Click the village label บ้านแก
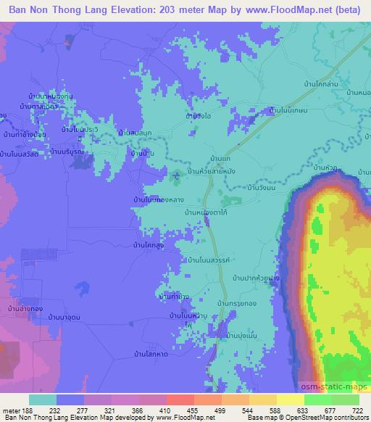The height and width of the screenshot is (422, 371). (219, 157)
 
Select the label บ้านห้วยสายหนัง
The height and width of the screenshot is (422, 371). (216, 170)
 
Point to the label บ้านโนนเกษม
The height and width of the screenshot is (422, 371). (290, 110)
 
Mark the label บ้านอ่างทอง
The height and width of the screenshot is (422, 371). (25, 310)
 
